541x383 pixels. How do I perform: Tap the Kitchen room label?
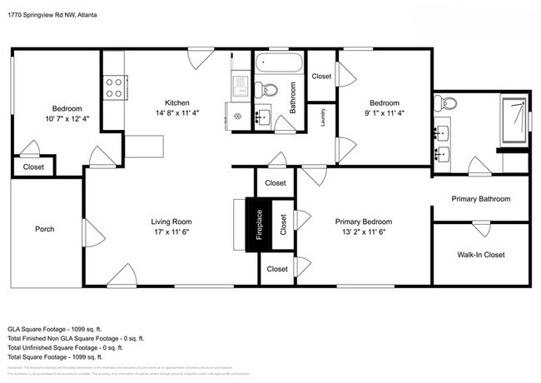pos(176,102)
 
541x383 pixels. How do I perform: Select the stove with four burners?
pos(114,87)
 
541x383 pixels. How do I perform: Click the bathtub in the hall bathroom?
pos(280,63)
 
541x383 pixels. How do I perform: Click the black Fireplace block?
pos(259,224)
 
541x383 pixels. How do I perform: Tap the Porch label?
pos(45,229)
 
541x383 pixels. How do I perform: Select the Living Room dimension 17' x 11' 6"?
pos(171,232)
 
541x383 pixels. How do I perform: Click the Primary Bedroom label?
pos(363,221)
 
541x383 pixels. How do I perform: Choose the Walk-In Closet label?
pos(481,255)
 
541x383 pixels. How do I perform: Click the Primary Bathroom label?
pos(481,199)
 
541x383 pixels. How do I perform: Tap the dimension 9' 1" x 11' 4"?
pos(384,113)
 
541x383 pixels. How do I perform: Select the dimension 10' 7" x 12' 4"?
pos(67,119)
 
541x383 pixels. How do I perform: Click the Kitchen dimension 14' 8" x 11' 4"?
pos(176,113)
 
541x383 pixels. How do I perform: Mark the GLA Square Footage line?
pos(61,330)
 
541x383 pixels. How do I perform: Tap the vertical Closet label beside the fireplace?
pos(283,224)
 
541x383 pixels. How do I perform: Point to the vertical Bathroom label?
pos(293,97)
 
